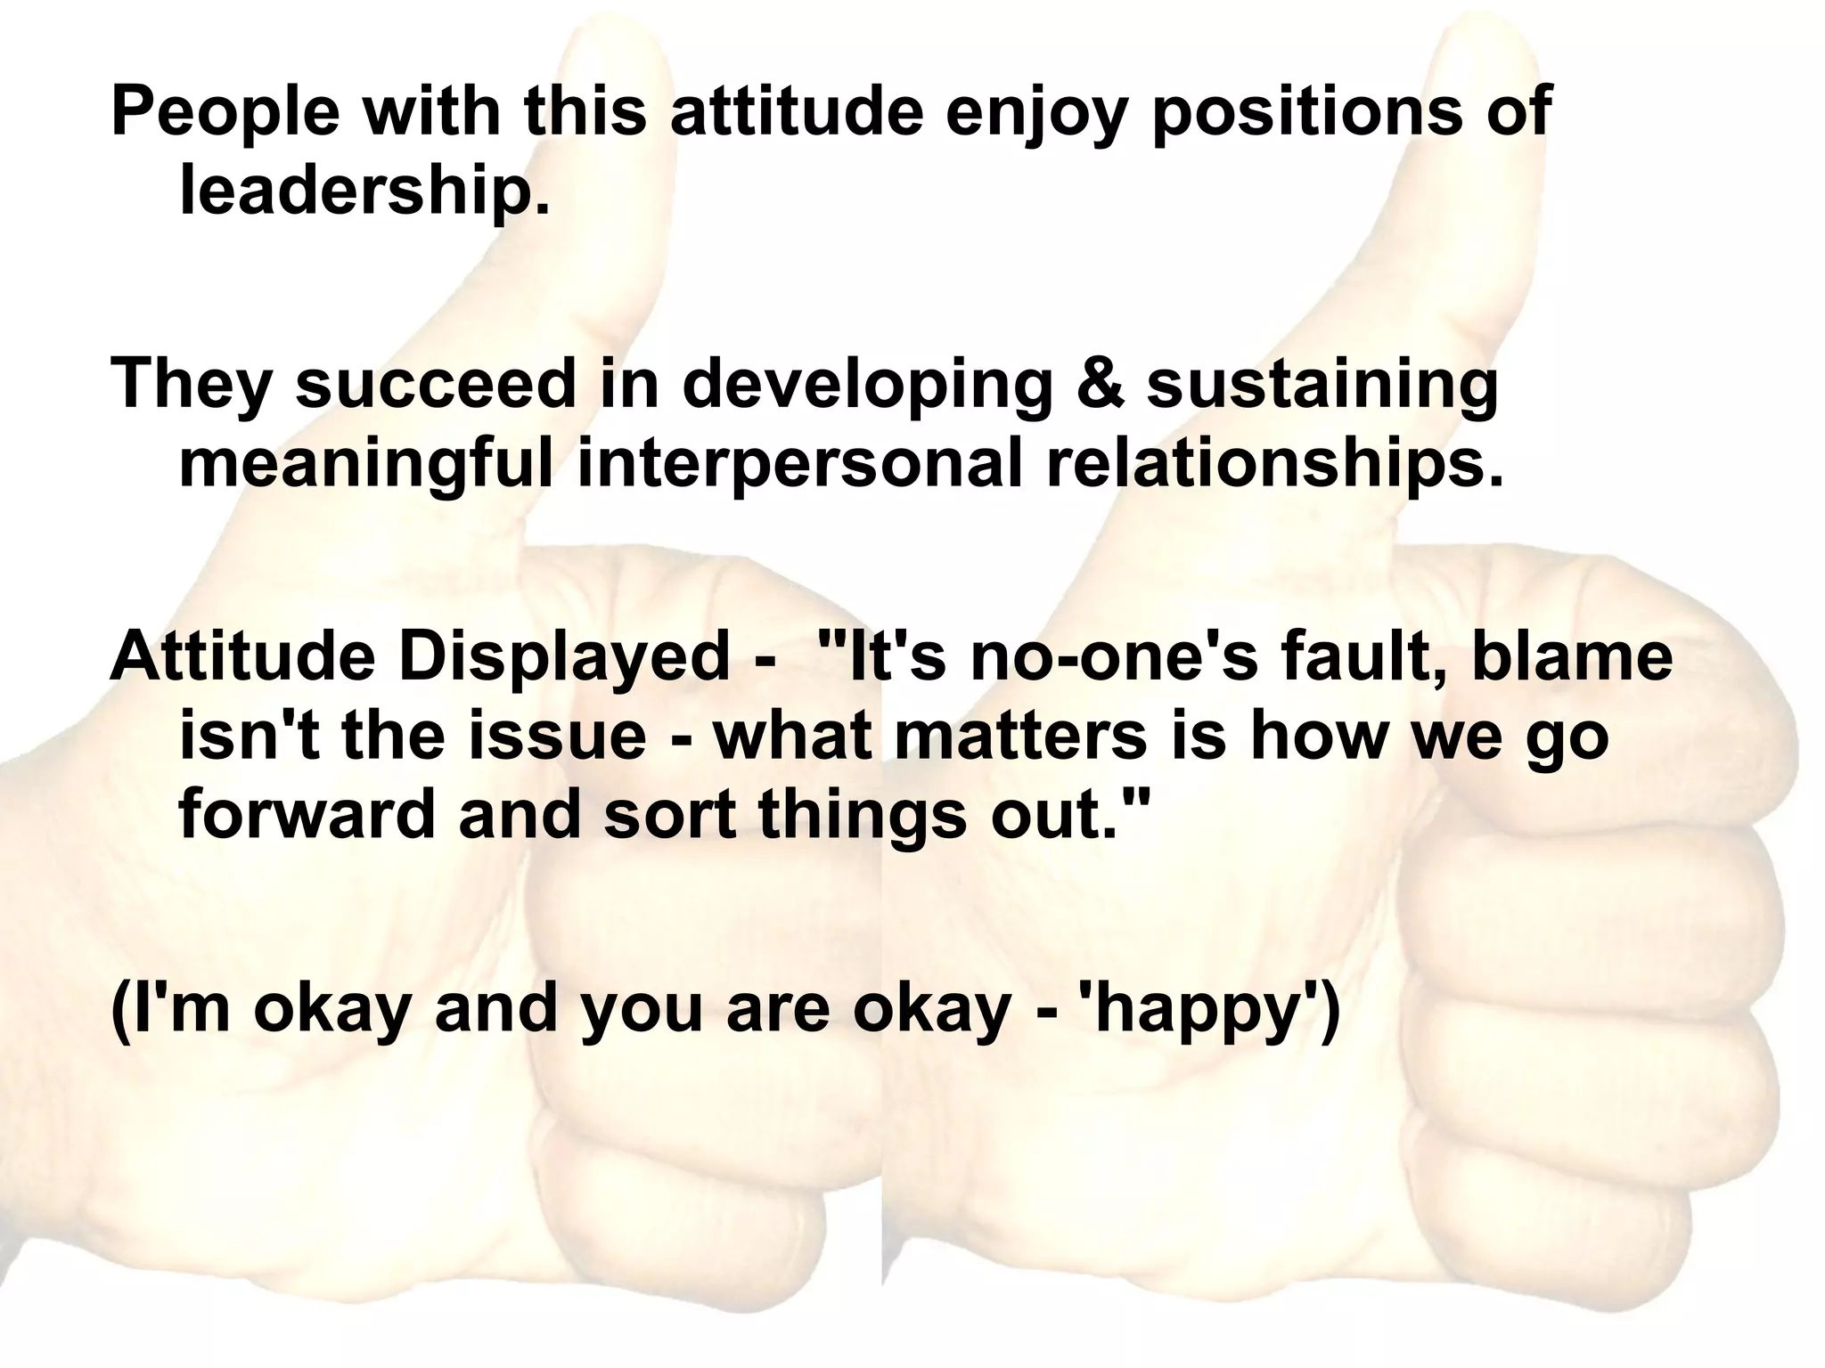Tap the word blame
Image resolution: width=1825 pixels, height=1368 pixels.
[x=1570, y=657]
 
